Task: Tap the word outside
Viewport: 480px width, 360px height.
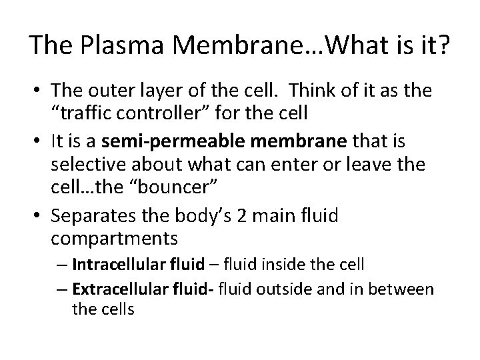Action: tap(321, 289)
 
